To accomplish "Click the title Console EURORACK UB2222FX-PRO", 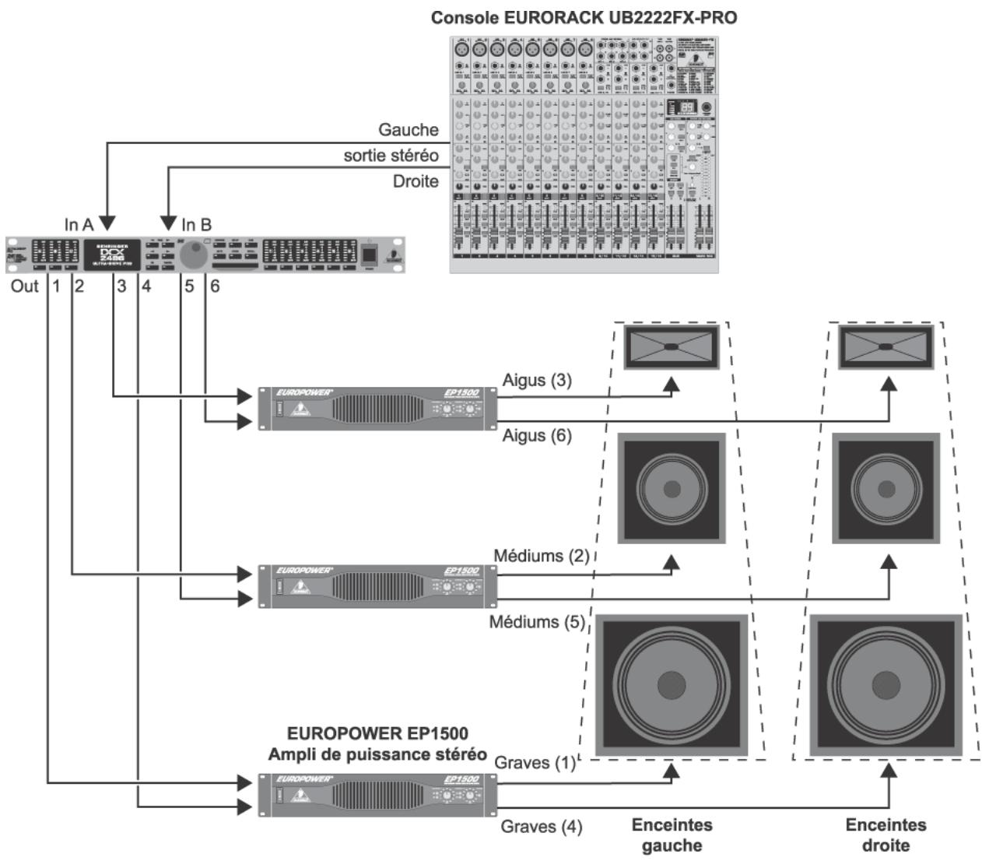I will coord(584,17).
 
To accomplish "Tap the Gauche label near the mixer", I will coord(408,129).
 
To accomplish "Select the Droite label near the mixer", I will coord(415,181).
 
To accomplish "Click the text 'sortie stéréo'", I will coord(391,156).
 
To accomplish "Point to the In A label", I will coord(79,225).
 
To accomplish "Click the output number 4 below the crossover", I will coord(146,286).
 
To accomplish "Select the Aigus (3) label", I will coord(537,380).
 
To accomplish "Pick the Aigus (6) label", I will coord(537,435).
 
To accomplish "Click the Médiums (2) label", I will coord(542,556).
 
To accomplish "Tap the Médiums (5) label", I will coord(537,622).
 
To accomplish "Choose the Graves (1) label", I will coord(535,763).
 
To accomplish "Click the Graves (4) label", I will coord(541,826).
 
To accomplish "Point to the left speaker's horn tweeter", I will coord(671,346).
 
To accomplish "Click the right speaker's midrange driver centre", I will coord(886,489).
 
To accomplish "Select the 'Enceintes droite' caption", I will coord(886,835).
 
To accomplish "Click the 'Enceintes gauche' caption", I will coord(672,835).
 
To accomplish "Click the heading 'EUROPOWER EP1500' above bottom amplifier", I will coord(377,733).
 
